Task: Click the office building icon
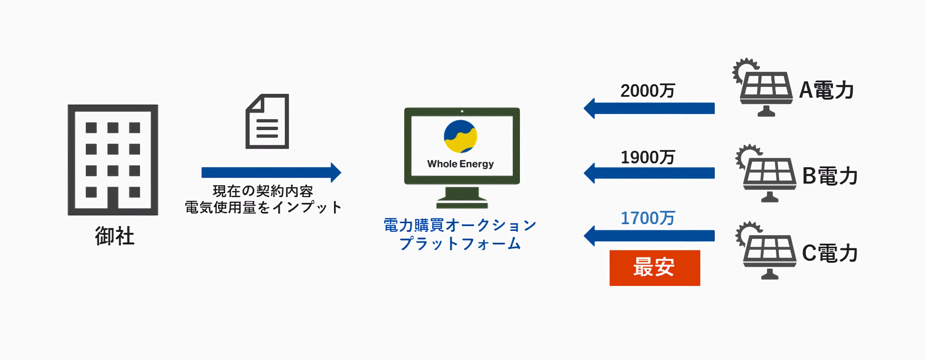pos(113,160)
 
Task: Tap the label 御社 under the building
pos(115,236)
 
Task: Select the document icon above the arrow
pos(267,122)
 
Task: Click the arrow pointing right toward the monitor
pos(271,172)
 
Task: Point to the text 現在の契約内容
pos(263,191)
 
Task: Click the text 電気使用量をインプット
pos(263,208)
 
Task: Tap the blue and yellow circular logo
pos(460,137)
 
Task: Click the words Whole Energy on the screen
pos(460,164)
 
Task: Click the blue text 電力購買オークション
pos(460,225)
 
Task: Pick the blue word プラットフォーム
pos(460,244)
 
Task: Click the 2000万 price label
pos(647,91)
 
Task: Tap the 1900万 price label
pos(647,157)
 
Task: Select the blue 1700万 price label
pos(647,218)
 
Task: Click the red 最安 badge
pos(654,268)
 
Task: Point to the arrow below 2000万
pos(649,108)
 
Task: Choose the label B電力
pos(830,176)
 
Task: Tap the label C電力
pos(830,253)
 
